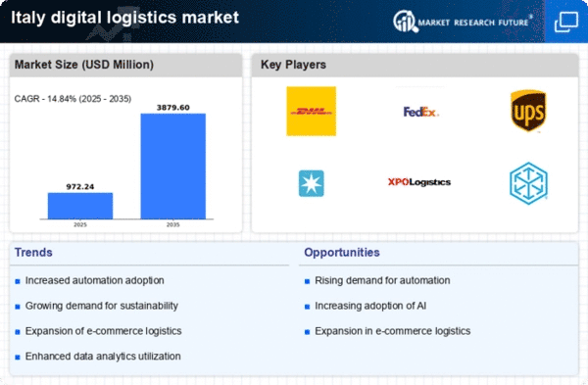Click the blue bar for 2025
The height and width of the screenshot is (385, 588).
80,206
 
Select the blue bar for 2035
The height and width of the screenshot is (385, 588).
173,167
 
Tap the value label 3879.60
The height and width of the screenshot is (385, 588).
173,108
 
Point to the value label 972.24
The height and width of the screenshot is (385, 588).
80,187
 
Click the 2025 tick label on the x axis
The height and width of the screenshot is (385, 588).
80,224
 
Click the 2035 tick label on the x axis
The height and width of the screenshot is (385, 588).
172,224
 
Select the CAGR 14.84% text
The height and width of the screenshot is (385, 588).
73,99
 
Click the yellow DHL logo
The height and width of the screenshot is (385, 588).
312,112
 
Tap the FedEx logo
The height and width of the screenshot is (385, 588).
420,112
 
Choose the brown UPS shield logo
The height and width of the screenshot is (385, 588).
528,111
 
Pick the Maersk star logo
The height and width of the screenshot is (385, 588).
312,183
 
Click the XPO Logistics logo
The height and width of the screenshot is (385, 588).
419,182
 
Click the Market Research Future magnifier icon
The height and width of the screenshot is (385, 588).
405,21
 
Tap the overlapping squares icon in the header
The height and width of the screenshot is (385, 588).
566,22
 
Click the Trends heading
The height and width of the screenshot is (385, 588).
33,253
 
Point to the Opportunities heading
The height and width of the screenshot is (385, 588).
342,253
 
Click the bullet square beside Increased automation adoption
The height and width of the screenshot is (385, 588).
18,281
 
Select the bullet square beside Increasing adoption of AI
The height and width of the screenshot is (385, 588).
307,307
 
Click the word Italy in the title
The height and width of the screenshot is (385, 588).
28,18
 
